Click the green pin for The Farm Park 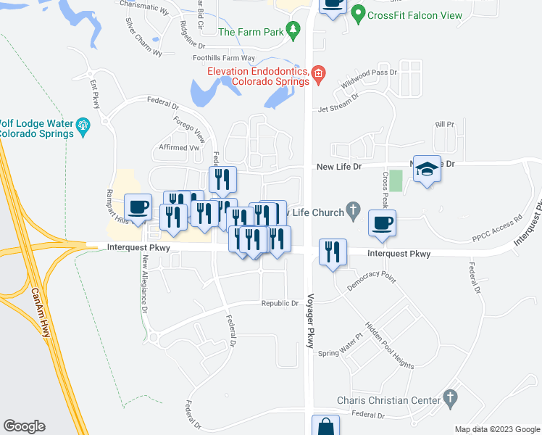click(293, 31)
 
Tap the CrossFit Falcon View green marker click(357, 14)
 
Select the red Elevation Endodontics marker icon click(319, 73)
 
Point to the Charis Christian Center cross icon click(451, 399)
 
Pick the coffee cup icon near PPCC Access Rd click(382, 223)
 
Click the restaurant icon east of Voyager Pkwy click(333, 252)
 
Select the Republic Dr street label click(280, 303)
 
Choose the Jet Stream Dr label click(340, 109)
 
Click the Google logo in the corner click(24, 426)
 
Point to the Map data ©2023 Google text click(496, 429)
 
